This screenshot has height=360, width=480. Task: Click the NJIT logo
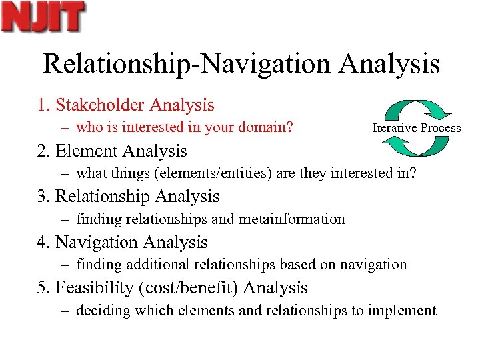click(x=43, y=17)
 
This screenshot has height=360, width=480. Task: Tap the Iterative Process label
click(x=416, y=127)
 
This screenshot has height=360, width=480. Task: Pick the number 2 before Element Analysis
click(x=41, y=151)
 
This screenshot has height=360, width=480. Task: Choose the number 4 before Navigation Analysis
click(x=41, y=243)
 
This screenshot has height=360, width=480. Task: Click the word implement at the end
click(x=405, y=311)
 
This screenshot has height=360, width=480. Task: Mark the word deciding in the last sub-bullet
click(x=101, y=311)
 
